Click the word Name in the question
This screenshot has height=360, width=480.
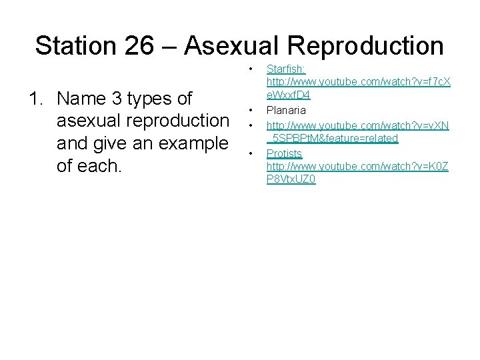tap(82, 99)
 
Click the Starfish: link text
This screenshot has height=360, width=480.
tap(286, 68)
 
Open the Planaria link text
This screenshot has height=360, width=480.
tap(287, 109)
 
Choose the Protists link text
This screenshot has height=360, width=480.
tap(284, 153)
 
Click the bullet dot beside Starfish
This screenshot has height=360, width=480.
tap(251, 69)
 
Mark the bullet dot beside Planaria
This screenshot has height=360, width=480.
tap(251, 110)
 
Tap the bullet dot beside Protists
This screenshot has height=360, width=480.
tap(251, 154)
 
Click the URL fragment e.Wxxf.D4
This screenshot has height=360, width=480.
tap(288, 95)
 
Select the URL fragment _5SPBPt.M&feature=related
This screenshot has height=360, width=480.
tap(332, 138)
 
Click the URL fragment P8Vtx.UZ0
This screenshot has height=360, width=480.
tap(291, 179)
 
